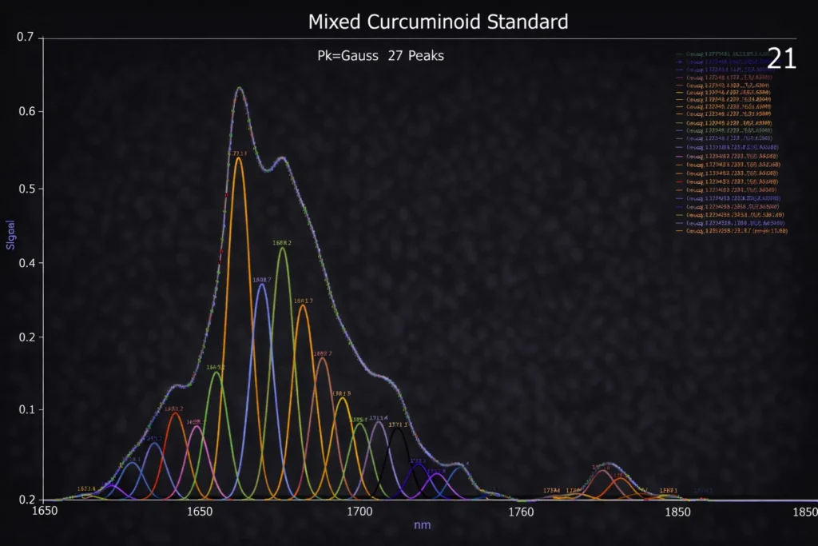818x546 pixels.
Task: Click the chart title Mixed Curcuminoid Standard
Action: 438,22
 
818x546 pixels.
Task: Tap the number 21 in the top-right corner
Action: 781,58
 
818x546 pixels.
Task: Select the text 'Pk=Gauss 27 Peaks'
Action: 380,56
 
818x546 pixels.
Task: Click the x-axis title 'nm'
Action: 423,525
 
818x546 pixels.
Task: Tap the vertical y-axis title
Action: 11,234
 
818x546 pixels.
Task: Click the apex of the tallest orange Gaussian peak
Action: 238,158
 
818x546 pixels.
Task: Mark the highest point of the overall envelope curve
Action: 239,87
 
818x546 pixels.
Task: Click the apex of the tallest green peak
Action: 282,249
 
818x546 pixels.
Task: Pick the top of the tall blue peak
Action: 261,285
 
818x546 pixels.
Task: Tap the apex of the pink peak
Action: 197,427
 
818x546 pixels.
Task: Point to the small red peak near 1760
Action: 603,472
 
